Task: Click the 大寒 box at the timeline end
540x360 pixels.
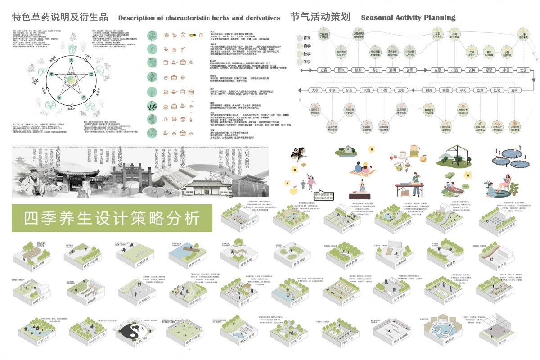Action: point(316,90)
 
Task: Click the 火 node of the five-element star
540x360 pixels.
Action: point(71,59)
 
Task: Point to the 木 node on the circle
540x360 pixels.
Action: point(51,73)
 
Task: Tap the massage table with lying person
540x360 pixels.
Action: point(410,184)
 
